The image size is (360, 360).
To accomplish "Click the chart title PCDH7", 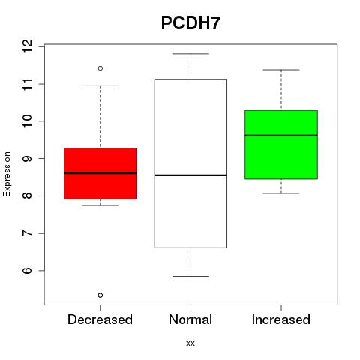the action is (190, 22).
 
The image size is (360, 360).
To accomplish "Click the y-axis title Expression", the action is (7, 174).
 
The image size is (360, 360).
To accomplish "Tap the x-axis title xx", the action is (190, 343).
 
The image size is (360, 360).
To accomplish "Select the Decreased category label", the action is (100, 319).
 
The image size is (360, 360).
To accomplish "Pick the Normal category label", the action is (190, 319).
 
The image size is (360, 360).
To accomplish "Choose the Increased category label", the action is (281, 319).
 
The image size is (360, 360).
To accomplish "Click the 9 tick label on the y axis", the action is (28, 158).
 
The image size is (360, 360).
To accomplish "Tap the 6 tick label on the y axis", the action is (28, 271).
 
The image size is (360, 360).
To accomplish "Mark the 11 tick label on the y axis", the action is (28, 84).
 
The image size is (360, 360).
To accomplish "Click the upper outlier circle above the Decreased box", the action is (100, 68).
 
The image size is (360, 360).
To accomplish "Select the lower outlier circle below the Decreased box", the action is (100, 295).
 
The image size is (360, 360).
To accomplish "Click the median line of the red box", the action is (100, 173).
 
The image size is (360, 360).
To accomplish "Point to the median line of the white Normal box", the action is (190, 175).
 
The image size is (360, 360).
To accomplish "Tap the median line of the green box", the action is (281, 136).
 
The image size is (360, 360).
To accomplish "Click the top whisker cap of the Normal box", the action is (190, 54).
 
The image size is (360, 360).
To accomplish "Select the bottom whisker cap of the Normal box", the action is (190, 276).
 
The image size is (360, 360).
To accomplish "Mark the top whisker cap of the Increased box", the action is (281, 70).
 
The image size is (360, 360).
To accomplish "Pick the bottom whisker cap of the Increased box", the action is (281, 193).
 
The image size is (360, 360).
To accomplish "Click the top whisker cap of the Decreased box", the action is (100, 85).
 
